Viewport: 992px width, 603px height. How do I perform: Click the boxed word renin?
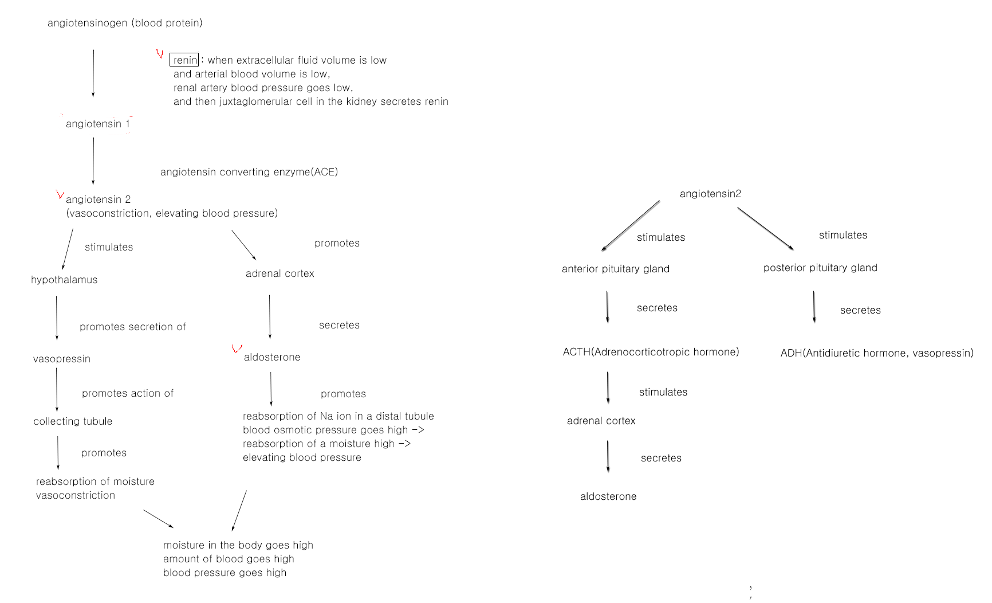click(184, 60)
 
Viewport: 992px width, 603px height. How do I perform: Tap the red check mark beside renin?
click(160, 54)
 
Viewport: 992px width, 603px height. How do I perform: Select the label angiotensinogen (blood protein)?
click(125, 23)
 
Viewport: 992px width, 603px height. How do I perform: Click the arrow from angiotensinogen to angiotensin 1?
click(93, 73)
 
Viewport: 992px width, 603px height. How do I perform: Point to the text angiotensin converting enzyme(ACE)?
click(249, 172)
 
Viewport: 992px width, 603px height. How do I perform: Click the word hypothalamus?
click(64, 280)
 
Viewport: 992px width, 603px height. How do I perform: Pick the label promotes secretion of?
click(133, 327)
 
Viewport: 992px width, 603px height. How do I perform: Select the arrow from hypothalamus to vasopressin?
click(57, 318)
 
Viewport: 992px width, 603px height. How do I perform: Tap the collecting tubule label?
click(73, 421)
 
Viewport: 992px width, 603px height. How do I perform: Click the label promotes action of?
click(128, 393)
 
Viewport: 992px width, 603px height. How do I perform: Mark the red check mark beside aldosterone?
click(237, 348)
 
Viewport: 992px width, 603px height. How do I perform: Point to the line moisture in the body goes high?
click(238, 545)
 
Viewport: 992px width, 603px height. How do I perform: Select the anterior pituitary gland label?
click(616, 269)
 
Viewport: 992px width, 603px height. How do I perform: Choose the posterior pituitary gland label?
click(820, 268)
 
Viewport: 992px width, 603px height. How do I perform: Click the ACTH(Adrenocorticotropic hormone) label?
click(651, 352)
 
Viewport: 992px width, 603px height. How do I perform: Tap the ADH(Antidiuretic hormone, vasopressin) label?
click(877, 353)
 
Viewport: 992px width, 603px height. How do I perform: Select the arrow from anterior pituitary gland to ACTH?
click(607, 307)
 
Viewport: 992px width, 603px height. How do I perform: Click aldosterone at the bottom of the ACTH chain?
click(608, 496)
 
